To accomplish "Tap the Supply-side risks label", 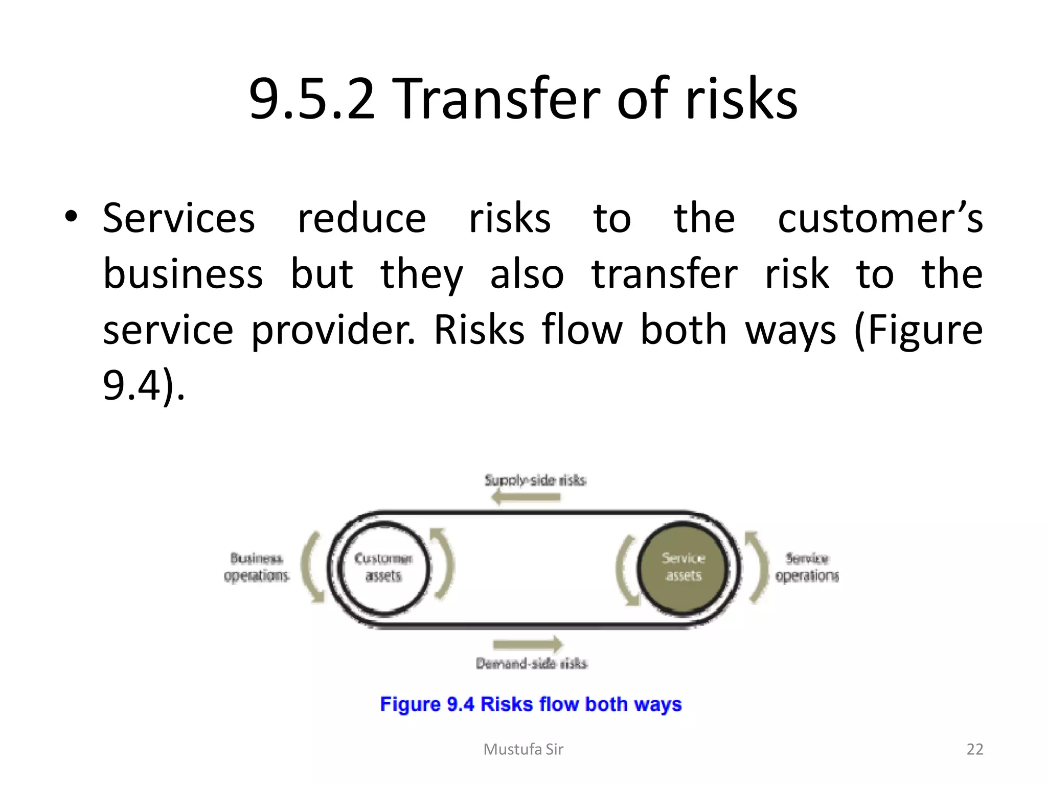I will coord(535,480).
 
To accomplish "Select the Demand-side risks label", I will coord(531,663).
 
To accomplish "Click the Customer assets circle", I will coord(383,567).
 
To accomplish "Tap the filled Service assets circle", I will coord(683,567).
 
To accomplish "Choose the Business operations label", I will coord(256,567).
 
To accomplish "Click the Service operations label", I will coord(807,567).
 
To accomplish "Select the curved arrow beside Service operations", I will coord(757,567).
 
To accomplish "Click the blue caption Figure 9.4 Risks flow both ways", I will coord(531,704).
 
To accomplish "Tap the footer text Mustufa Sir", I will coord(523,749).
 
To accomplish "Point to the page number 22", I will coord(974,749).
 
